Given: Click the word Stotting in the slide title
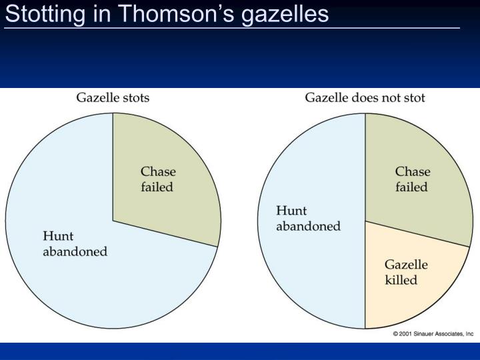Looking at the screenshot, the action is (45, 15).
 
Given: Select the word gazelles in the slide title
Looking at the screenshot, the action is (285, 15).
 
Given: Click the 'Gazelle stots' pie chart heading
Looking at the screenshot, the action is (113, 97).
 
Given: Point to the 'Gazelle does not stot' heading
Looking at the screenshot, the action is (365, 97).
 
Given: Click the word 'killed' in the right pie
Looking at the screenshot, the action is (401, 280).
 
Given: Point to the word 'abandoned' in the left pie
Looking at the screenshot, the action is (75, 251).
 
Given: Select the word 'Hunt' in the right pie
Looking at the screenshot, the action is (291, 211).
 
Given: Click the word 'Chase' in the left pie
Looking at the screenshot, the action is (158, 171).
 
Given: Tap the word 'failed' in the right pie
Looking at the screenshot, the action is (411, 187).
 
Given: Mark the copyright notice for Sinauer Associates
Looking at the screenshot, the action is (433, 334).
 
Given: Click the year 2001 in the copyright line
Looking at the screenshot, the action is (405, 334).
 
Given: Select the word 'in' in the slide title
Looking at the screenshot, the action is (101, 13).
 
